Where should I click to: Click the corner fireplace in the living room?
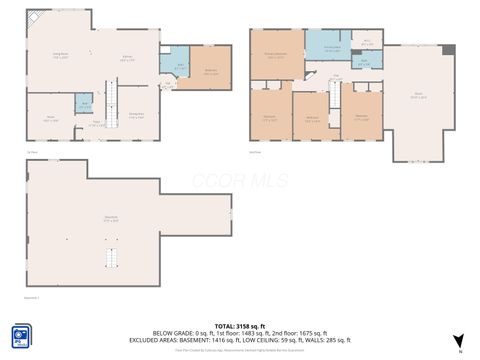[x=34, y=17]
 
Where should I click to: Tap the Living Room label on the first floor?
[x=60, y=56]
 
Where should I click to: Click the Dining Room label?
[x=137, y=117]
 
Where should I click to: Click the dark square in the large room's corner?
[x=449, y=50]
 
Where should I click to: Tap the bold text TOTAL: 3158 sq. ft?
[x=237, y=325]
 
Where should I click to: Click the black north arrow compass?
[x=459, y=342]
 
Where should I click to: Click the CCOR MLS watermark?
[x=240, y=181]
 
